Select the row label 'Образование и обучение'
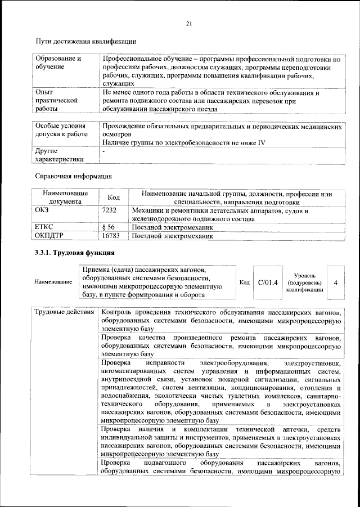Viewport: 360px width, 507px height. point(58,62)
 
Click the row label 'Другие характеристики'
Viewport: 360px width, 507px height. point(58,155)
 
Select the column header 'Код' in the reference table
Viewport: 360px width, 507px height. point(114,198)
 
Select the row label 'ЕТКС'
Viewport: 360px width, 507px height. point(45,227)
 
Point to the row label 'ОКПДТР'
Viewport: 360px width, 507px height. point(49,237)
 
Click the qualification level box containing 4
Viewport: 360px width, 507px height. point(335,282)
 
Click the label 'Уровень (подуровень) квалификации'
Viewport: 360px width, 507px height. point(304,282)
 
